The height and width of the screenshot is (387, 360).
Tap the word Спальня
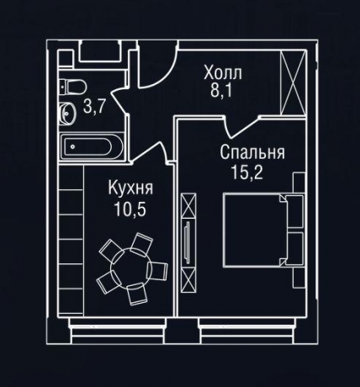(x=251, y=154)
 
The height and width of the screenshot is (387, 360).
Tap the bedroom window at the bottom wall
(x=244, y=322)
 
